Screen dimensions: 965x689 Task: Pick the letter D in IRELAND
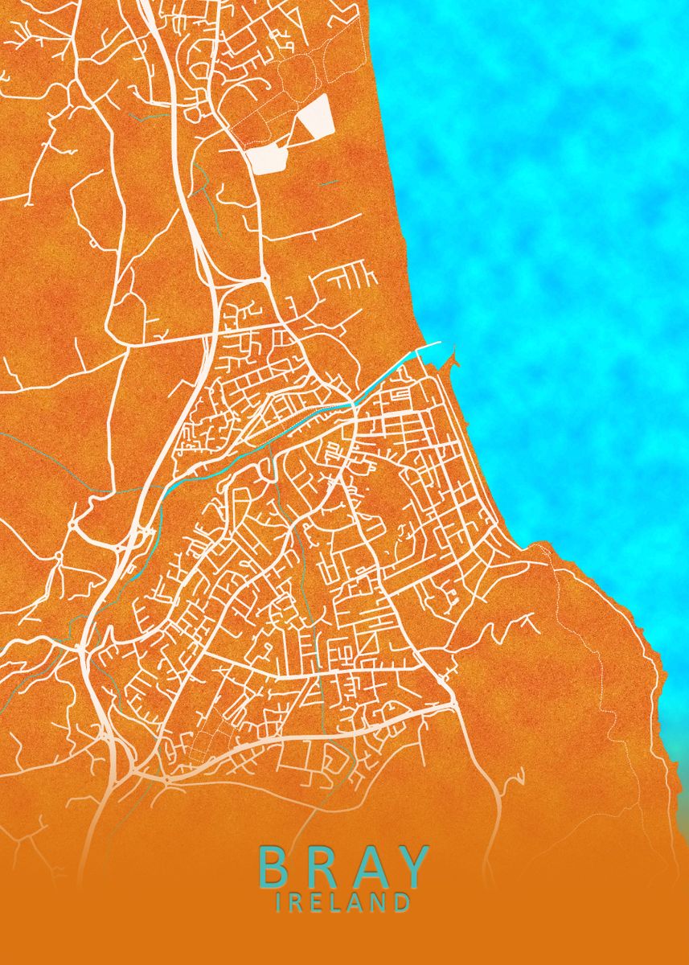tap(401, 903)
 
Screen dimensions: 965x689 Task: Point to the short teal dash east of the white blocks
tap(328, 183)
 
